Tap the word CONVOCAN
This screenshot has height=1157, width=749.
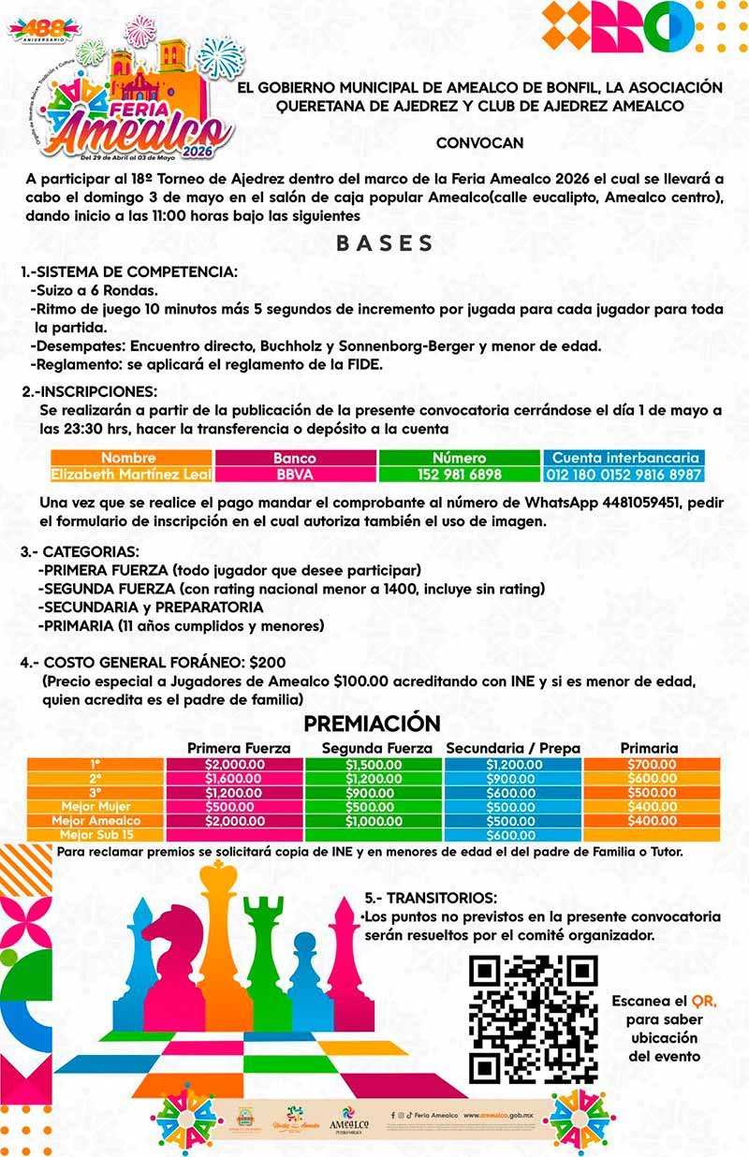[479, 143]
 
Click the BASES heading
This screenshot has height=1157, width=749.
[385, 244]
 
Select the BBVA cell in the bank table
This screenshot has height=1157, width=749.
[295, 475]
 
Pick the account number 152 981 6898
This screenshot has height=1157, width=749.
[460, 475]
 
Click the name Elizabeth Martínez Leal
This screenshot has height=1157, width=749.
[128, 475]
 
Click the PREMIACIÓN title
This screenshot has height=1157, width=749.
[372, 724]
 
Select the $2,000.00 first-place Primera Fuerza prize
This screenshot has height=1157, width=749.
[234, 764]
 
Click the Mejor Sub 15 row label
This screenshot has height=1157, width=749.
[96, 834]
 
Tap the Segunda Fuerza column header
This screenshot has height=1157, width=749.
[376, 748]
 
